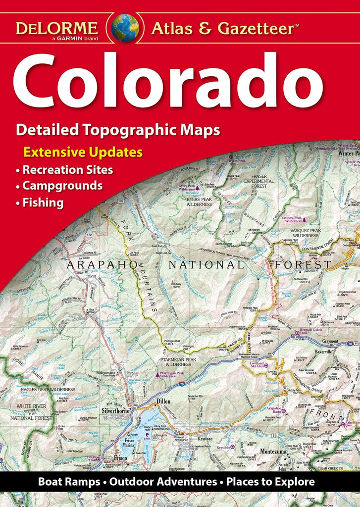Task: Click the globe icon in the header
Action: [125, 27]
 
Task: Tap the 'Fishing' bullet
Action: [43, 203]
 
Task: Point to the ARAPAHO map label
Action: [99, 265]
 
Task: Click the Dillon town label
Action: [163, 402]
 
